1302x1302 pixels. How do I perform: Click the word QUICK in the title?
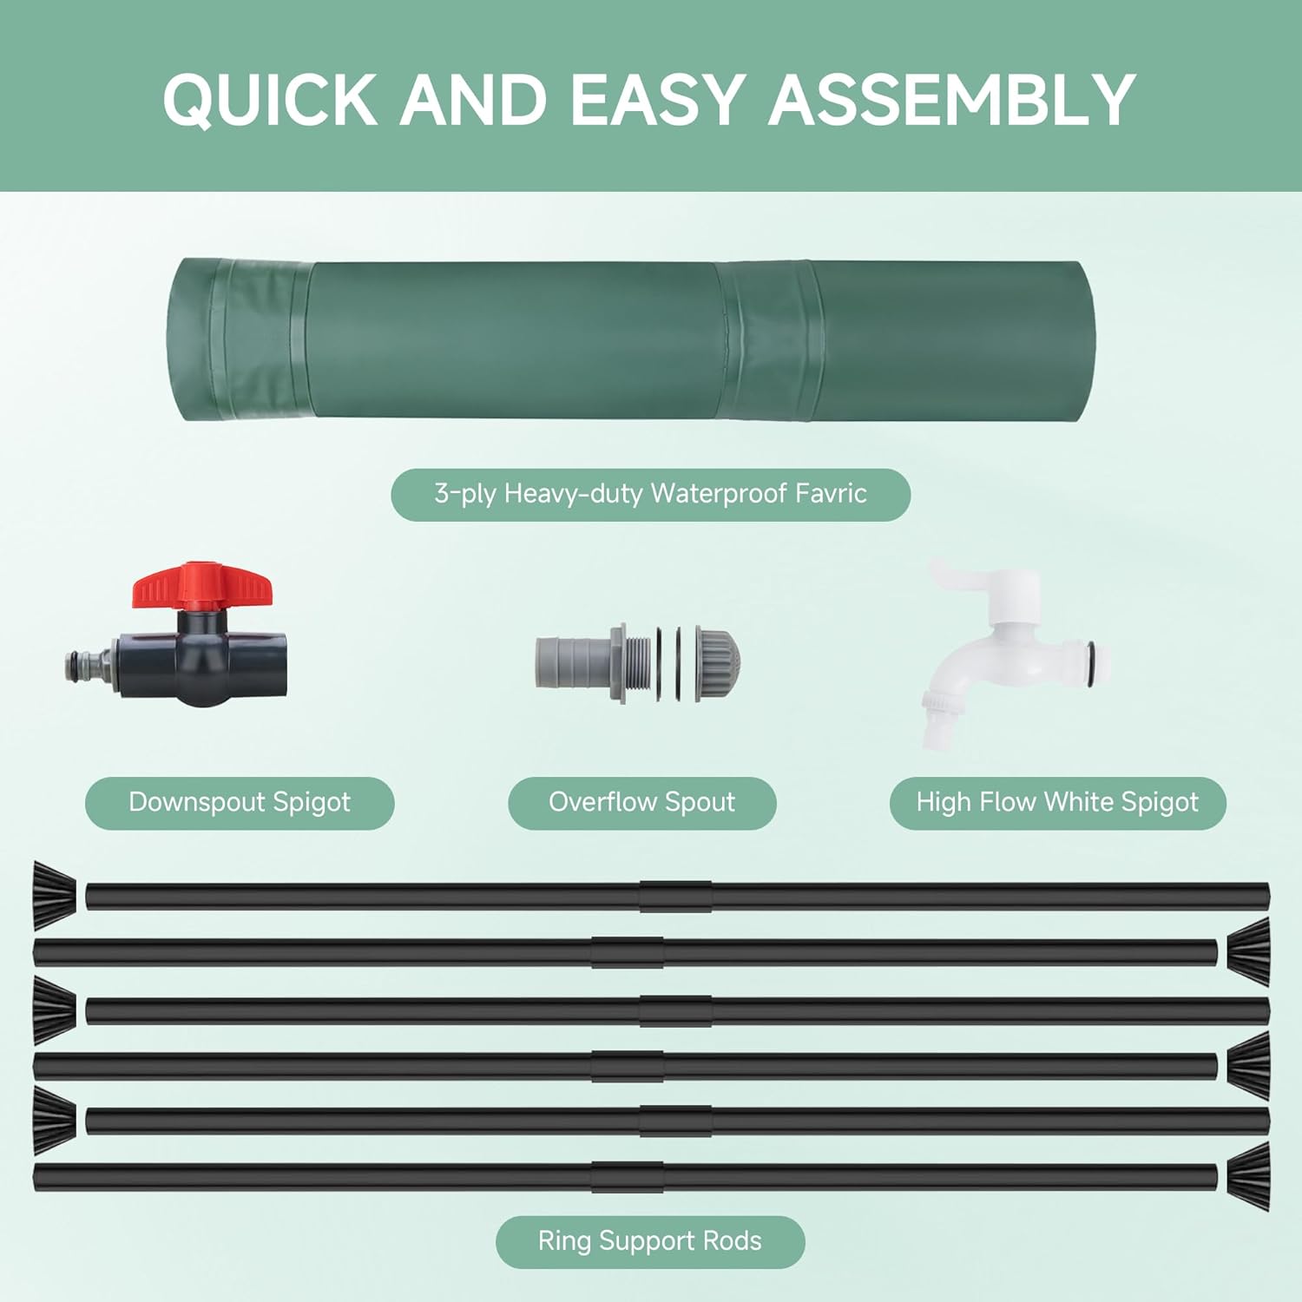(269, 99)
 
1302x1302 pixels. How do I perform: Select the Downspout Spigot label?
(240, 802)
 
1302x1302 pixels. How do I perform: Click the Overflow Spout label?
(641, 802)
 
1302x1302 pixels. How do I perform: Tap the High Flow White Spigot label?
(1057, 802)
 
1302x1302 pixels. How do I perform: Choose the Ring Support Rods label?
(649, 1241)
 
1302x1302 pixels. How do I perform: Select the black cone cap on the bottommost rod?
(1249, 1176)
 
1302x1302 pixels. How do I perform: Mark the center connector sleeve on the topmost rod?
(675, 896)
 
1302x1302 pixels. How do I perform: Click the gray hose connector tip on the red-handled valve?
(88, 666)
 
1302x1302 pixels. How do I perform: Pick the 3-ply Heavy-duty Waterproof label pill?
(650, 494)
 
